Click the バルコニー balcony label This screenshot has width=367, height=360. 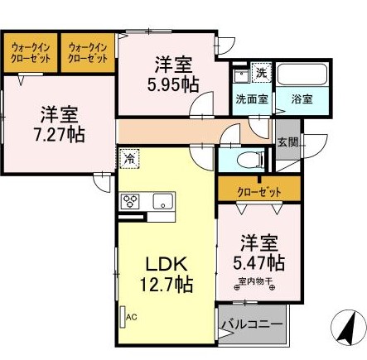tap(252, 324)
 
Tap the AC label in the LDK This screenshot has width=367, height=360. tap(130, 316)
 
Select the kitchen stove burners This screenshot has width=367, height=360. tap(132, 200)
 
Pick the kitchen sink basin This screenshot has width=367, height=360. tap(161, 200)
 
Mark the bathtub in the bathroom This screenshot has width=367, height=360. tap(302, 75)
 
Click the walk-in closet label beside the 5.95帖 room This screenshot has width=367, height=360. tap(87, 54)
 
